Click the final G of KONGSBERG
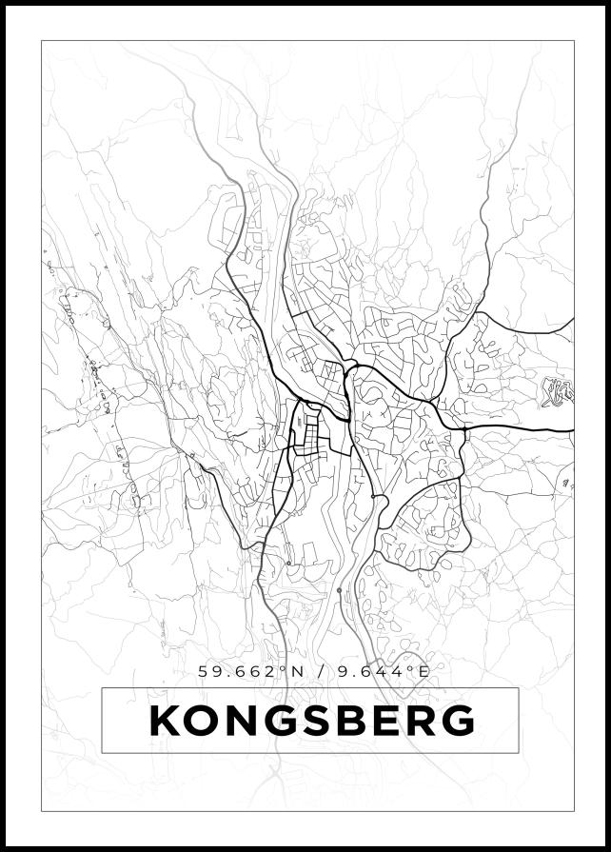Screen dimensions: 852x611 pyautogui.click(x=458, y=722)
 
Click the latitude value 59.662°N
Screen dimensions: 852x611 pyautogui.click(x=251, y=672)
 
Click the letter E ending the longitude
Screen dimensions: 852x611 pyautogui.click(x=424, y=672)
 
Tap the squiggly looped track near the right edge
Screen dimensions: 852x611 pyautogui.click(x=556, y=391)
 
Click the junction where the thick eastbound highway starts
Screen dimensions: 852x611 pyautogui.click(x=464, y=430)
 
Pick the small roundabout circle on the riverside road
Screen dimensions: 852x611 pyautogui.click(x=339, y=590)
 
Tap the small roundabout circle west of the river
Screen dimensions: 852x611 pyautogui.click(x=288, y=564)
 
